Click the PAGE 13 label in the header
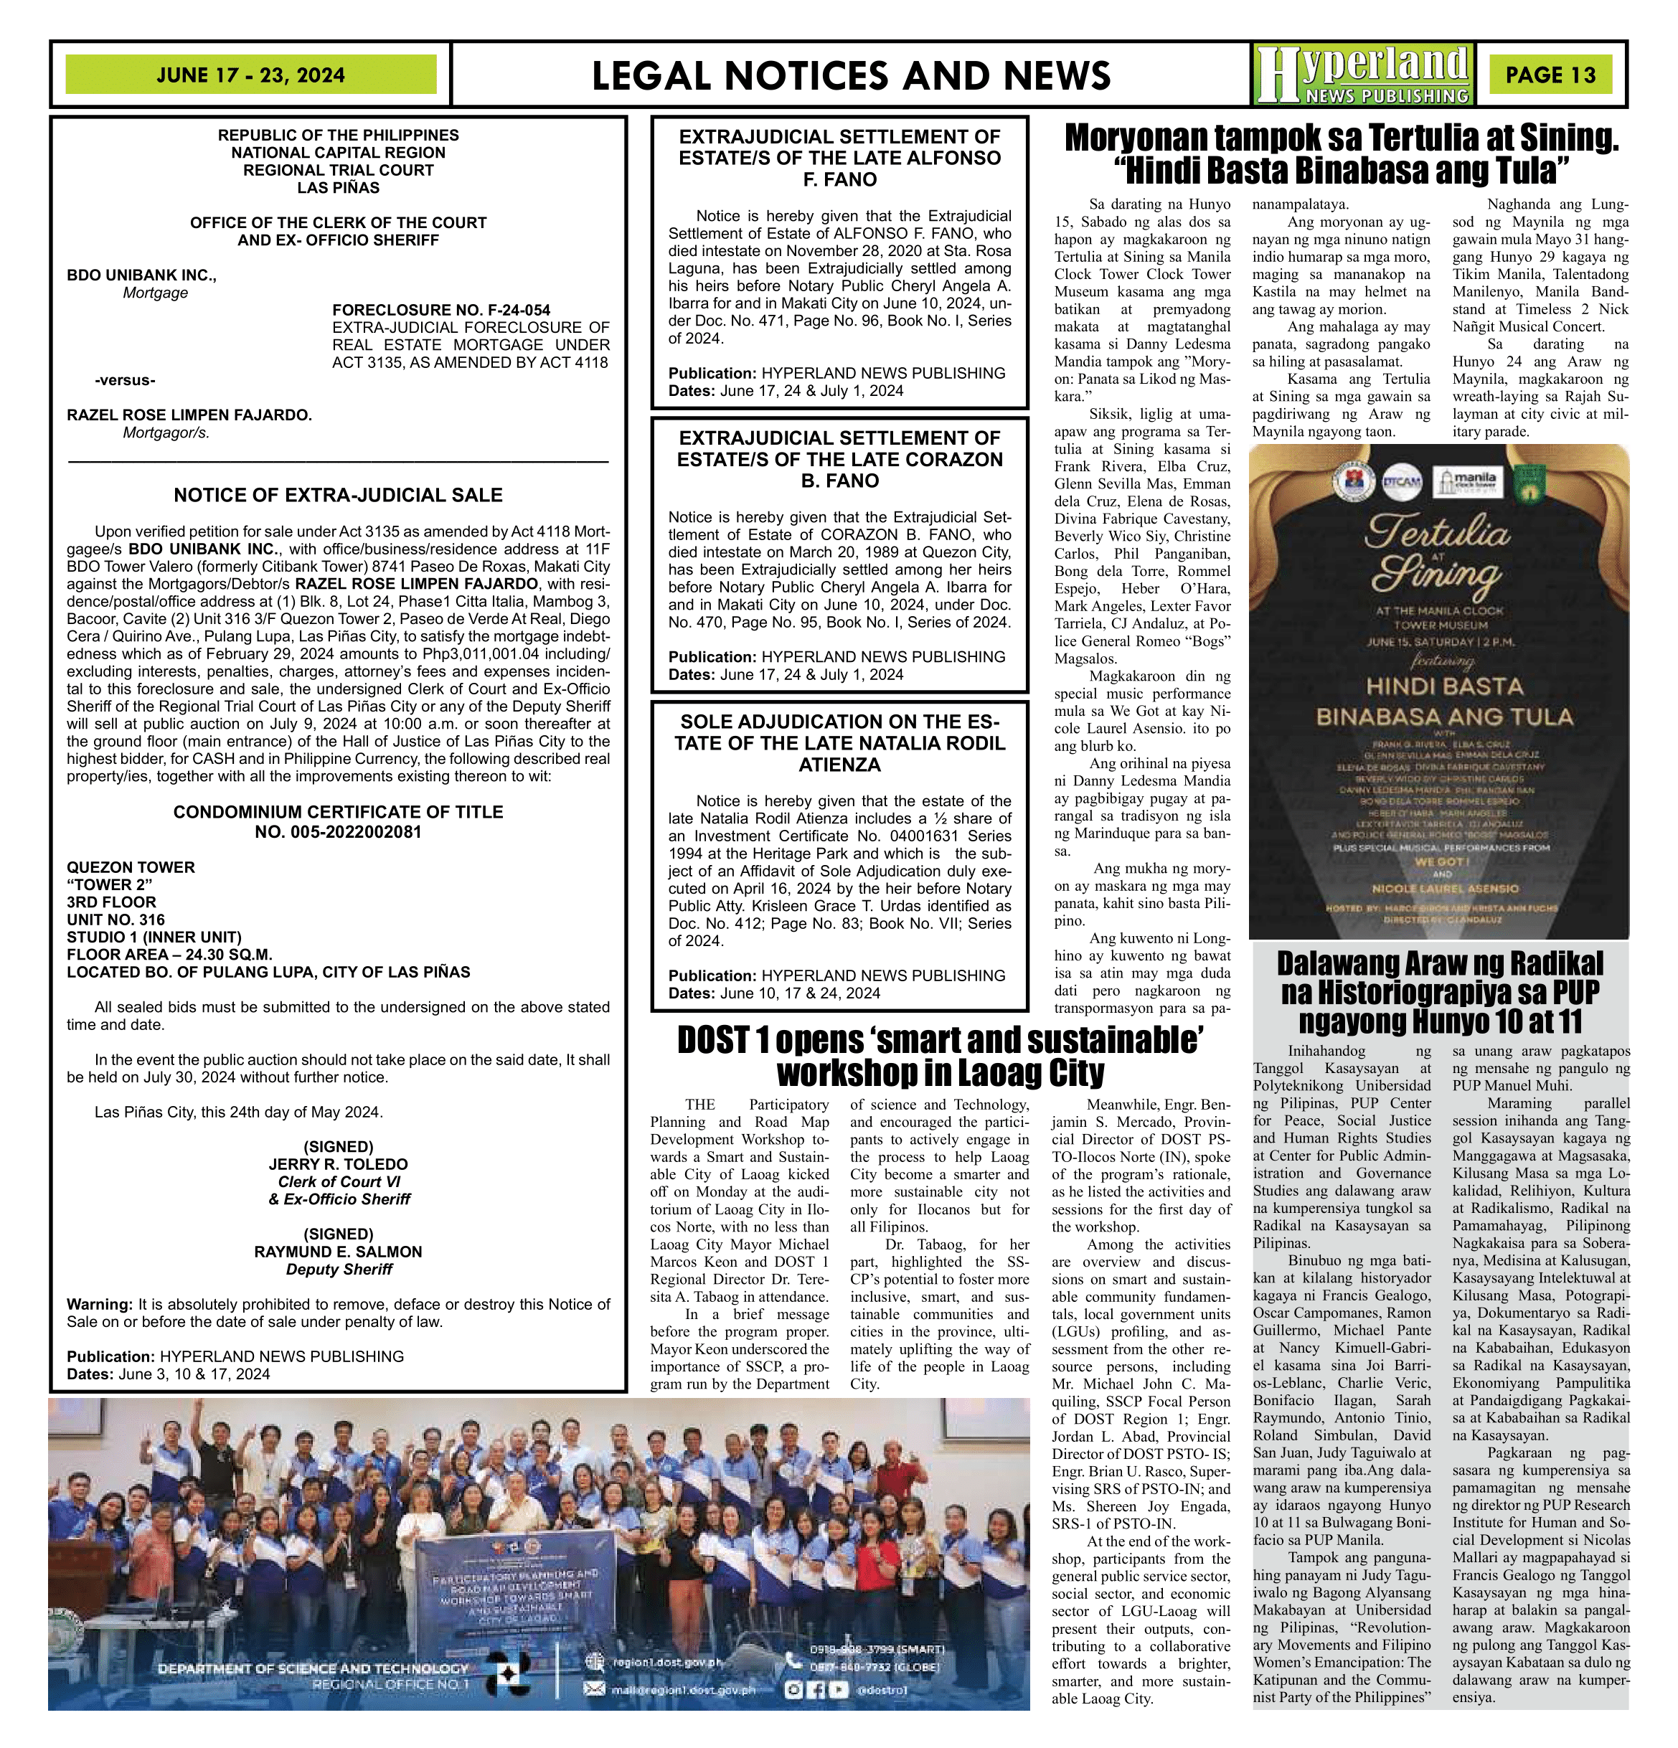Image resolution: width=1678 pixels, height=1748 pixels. pos(1550,75)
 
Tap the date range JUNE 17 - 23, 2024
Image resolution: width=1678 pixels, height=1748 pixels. pos(250,75)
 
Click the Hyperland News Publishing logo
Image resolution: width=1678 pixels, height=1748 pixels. pos(1362,75)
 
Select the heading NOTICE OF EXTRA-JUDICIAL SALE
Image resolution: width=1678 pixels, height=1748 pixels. pos(338,495)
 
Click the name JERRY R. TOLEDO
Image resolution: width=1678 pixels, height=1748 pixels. pos(338,1164)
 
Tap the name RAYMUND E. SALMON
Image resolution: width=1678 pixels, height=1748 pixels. pos(338,1251)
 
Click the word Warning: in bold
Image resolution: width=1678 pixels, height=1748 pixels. pos(99,1304)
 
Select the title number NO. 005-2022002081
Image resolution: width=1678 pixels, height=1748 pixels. pos(338,832)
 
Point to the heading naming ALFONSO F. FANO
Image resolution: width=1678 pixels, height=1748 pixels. pos(839,158)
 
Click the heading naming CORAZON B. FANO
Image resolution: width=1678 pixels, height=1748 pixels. pos(839,459)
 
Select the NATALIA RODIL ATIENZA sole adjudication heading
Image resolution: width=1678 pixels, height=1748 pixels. pos(839,743)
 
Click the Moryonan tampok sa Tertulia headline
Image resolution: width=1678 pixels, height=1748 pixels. pos(1342,153)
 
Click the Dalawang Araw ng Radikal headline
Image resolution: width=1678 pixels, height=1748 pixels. pos(1439,992)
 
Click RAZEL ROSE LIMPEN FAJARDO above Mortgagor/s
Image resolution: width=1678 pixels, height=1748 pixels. pos(189,415)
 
